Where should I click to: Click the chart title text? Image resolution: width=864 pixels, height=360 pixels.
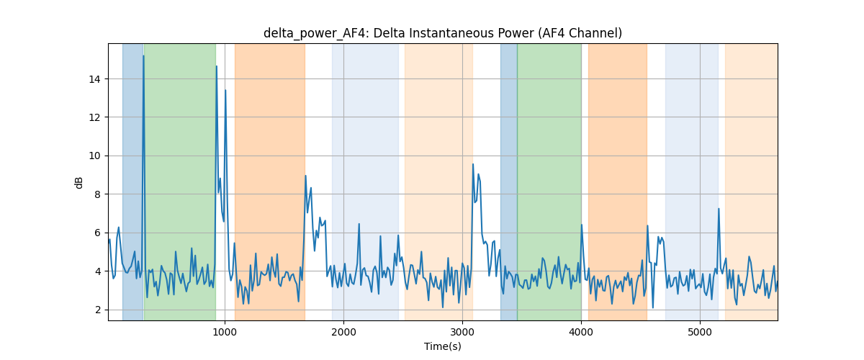point(442,33)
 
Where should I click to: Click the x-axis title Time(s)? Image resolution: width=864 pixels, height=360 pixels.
point(442,346)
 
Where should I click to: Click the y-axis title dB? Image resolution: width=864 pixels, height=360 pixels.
point(79,183)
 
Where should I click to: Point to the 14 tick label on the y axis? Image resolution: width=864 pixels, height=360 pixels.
point(94,79)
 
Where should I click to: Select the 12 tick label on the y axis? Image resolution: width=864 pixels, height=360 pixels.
point(94,117)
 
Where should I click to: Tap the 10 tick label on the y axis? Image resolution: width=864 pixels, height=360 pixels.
point(94,156)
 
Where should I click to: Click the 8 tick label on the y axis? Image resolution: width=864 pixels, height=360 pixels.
point(97,194)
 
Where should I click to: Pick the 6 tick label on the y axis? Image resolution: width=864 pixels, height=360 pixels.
point(97,233)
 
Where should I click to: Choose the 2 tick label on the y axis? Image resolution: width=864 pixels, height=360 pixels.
point(97,310)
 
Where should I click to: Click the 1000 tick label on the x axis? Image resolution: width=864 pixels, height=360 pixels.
point(225,332)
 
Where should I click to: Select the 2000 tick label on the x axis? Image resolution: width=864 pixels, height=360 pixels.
point(343,332)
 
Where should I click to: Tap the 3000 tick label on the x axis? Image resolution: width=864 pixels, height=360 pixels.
point(462,332)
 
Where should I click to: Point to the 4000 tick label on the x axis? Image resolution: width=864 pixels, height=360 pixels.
point(581,332)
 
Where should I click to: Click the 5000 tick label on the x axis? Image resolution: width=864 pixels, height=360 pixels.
point(700,332)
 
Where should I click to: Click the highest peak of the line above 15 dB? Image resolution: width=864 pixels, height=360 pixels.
point(143,56)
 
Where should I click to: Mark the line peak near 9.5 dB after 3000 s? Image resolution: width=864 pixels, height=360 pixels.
point(473,164)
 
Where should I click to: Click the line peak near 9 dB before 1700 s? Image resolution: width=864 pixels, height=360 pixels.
point(305,176)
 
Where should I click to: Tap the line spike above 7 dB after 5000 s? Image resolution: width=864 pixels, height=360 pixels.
point(719,209)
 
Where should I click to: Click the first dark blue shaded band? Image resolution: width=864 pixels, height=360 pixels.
point(133,181)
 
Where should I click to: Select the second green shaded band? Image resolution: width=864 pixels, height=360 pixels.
point(549,181)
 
